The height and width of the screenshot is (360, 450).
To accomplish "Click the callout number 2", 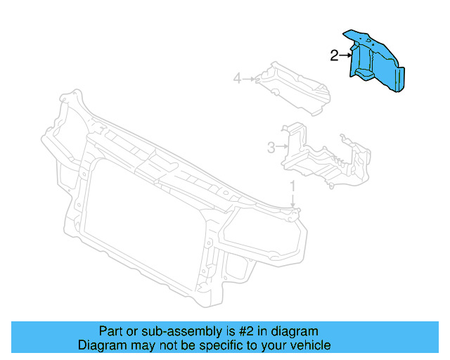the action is pos(334,56).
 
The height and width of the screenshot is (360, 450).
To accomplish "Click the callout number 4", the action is pos(238,79).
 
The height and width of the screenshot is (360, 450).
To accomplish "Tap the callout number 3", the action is pos(271,147).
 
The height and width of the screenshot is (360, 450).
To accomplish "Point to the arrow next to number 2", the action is pos(345,55).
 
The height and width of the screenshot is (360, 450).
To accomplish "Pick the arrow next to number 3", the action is pos(282,146).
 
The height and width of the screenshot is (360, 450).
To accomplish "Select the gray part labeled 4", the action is pos(295,88).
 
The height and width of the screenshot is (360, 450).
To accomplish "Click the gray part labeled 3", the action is pos(316,158).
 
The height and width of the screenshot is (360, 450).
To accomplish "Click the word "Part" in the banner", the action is pos(110,331).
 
